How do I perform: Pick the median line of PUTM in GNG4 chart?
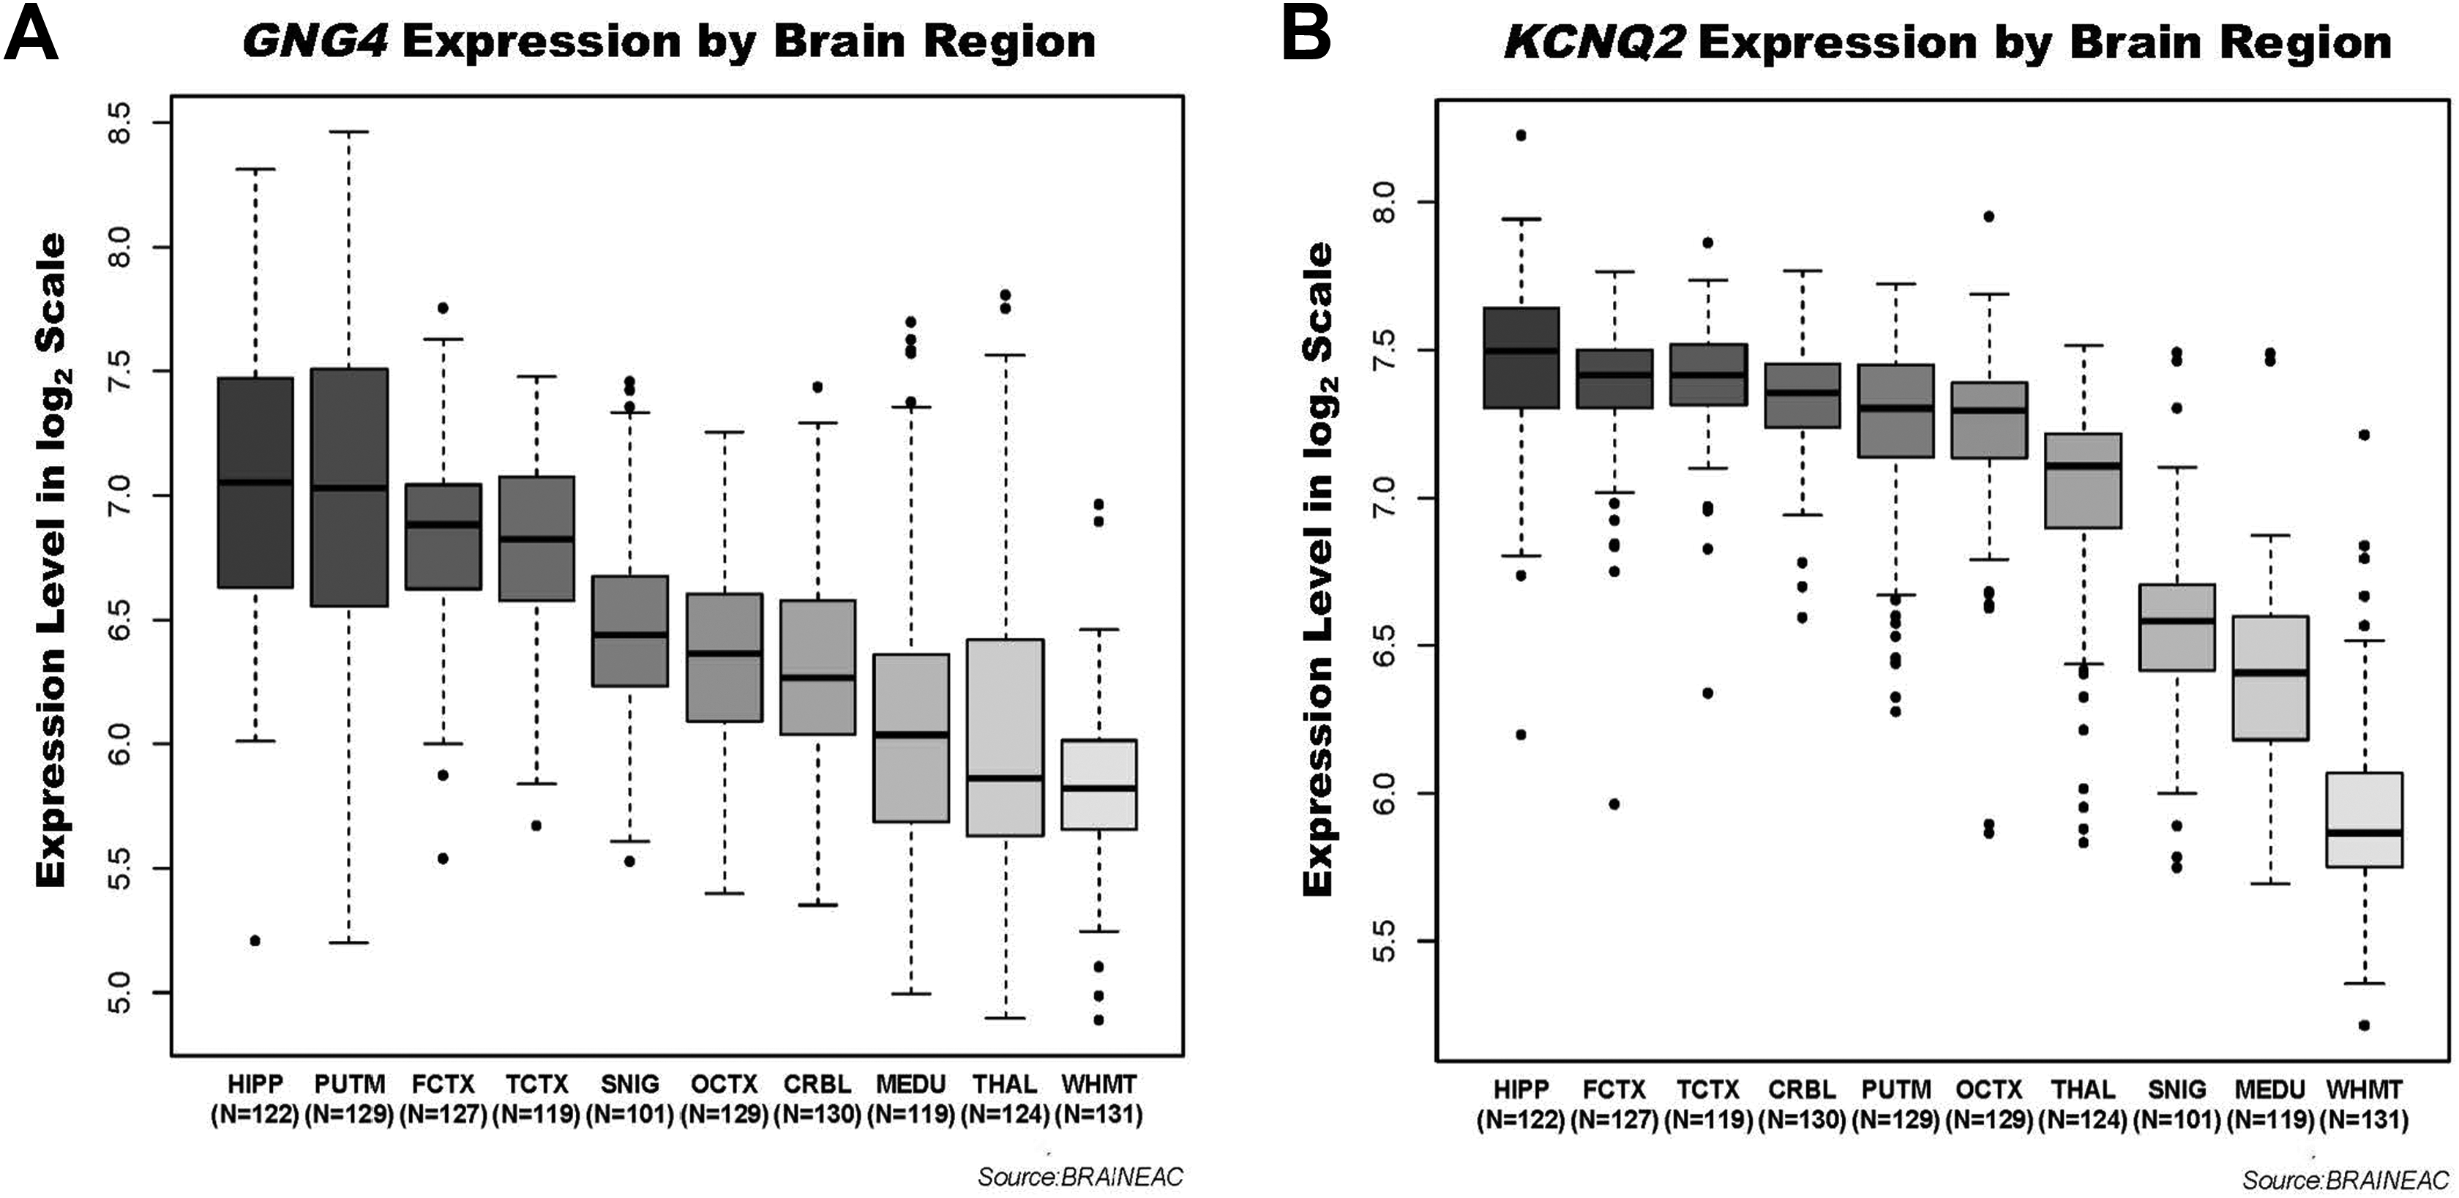(x=349, y=488)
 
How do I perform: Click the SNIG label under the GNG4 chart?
(x=630, y=1085)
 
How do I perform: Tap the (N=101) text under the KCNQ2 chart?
(x=2177, y=1120)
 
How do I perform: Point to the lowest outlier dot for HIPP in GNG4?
(x=255, y=941)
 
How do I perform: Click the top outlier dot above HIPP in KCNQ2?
(x=1521, y=135)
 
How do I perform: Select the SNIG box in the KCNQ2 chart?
(x=2177, y=627)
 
